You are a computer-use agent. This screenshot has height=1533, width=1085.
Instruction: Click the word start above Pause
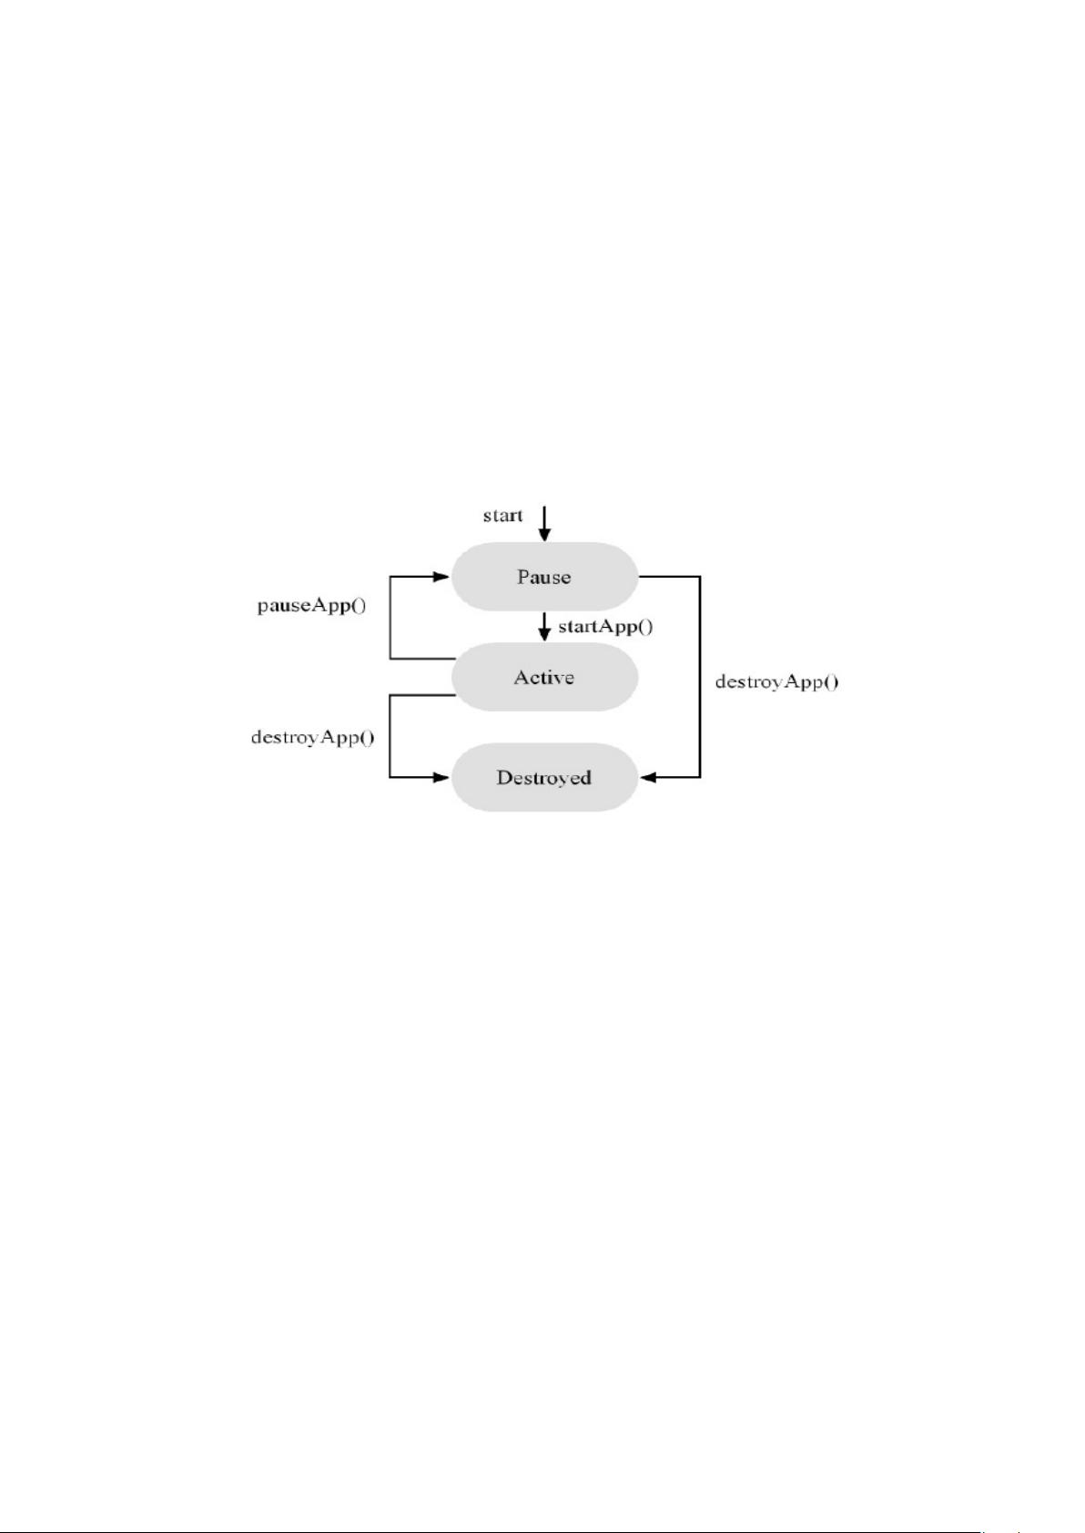coord(502,516)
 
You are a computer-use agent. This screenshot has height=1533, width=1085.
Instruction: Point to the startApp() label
coord(605,626)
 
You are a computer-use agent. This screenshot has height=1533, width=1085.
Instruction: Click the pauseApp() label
coord(311,605)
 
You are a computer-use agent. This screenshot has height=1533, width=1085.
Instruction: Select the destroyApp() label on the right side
coord(777,681)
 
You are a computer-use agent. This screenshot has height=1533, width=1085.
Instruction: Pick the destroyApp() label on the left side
coord(312,737)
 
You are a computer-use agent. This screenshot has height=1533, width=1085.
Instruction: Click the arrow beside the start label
coord(544,524)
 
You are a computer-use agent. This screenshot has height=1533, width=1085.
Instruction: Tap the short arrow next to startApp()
coord(544,626)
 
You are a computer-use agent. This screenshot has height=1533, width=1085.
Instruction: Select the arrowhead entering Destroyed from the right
coord(649,778)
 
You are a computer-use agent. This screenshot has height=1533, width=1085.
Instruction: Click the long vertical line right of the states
coord(700,677)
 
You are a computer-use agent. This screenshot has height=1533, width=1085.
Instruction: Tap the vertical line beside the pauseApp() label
coord(390,617)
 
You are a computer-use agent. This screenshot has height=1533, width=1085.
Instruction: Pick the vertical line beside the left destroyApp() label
coord(390,736)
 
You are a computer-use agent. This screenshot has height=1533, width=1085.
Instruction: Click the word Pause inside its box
coord(544,576)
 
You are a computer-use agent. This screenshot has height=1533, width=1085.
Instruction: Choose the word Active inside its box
coord(544,677)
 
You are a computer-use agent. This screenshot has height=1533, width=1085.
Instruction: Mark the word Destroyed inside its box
coord(544,778)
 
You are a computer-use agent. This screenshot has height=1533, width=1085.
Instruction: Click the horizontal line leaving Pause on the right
coord(669,576)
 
